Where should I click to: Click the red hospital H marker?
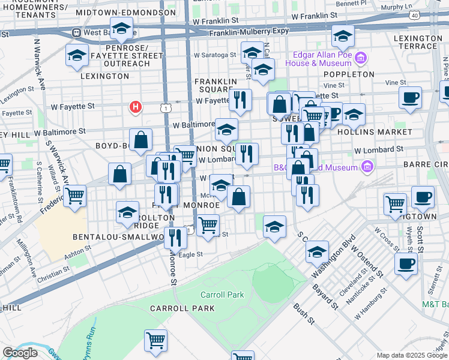[136, 107]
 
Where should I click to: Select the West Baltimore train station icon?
[76, 32]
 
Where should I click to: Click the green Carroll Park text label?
[222, 295]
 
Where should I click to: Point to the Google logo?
[20, 353]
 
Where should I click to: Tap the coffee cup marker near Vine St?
[410, 97]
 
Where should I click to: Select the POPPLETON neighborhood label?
[349, 74]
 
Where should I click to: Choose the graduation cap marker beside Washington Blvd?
[317, 251]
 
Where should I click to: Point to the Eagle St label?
[191, 254]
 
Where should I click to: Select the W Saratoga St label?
[215, 55]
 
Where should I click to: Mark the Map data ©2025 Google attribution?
[412, 355]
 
